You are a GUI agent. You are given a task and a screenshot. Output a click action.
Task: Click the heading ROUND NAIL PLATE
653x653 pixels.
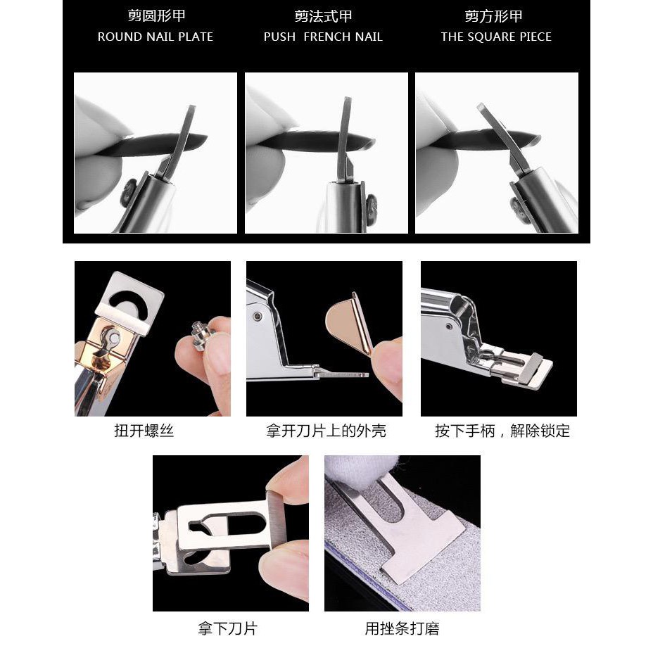click(x=156, y=37)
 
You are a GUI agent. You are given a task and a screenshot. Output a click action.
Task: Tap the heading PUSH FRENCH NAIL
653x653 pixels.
click(x=323, y=37)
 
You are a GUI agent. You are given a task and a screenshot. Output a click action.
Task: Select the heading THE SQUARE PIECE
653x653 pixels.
click(x=496, y=37)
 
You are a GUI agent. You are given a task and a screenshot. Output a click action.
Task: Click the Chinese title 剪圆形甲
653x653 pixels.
click(x=156, y=15)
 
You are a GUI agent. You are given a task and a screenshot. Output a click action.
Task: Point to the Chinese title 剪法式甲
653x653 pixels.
click(x=323, y=16)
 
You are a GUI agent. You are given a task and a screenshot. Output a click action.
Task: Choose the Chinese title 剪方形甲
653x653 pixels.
click(x=493, y=16)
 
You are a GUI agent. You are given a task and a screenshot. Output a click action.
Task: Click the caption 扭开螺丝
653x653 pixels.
click(x=144, y=430)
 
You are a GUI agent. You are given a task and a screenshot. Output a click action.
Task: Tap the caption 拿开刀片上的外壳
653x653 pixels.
click(x=326, y=430)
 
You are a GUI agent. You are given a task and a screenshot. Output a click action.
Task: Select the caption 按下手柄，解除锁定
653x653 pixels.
click(x=502, y=430)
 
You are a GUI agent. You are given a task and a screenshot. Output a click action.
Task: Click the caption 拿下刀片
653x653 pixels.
click(x=227, y=628)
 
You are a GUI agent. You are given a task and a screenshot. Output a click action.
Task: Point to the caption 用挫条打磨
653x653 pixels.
click(x=402, y=628)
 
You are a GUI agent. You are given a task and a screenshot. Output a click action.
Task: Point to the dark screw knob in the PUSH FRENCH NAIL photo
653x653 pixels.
click(x=371, y=207)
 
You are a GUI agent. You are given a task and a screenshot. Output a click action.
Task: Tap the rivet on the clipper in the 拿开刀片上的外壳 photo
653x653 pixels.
click(x=258, y=316)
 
